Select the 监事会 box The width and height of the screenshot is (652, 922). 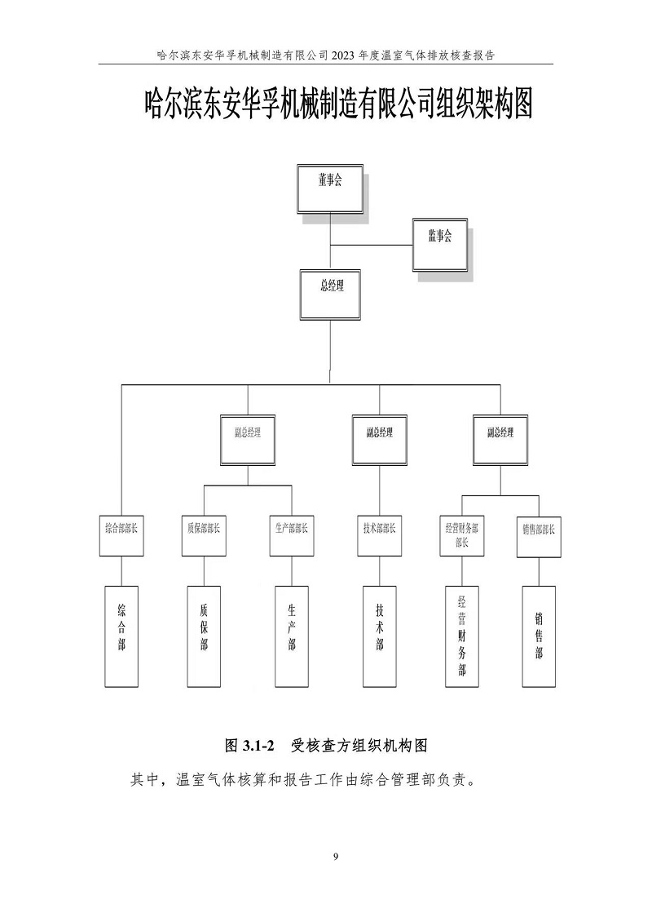point(440,244)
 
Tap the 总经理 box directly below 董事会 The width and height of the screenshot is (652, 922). point(330,294)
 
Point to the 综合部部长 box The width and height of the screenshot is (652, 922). point(121,535)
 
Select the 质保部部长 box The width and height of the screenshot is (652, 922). point(203,535)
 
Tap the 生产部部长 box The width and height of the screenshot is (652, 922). point(291,535)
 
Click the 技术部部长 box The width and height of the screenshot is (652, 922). point(379,535)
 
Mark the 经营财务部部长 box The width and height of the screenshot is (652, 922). point(462,535)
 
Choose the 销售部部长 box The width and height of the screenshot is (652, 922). point(539,535)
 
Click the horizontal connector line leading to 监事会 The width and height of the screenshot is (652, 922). point(371,244)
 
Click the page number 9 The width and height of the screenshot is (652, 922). point(336,856)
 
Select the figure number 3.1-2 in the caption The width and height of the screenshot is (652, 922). point(259,745)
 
